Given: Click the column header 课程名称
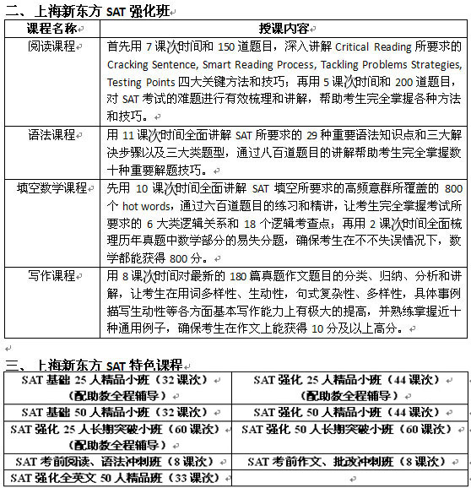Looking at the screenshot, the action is coord(52,28).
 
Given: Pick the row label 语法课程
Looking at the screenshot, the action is coord(52,135).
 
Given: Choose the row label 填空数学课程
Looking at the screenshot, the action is coord(52,188).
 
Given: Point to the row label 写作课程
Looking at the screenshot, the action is coord(52,277).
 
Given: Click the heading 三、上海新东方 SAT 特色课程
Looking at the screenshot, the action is coord(94,365).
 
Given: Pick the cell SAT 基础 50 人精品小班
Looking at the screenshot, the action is coord(116,412).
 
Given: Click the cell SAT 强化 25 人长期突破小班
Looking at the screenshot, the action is coord(116,429).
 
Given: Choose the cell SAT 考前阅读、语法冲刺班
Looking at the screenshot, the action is coord(116,462).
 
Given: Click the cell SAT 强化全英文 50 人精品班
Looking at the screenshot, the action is coord(116,478).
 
